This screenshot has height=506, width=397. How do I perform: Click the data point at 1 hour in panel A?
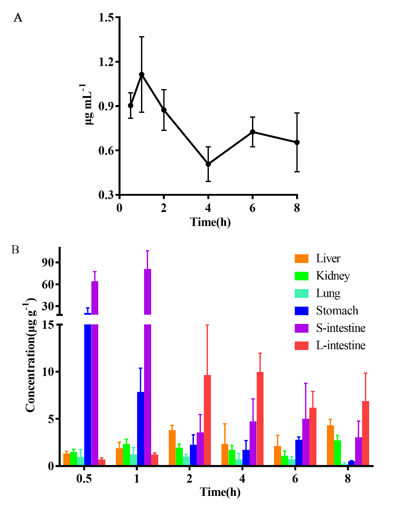142,74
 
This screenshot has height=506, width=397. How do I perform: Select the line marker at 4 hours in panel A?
208,164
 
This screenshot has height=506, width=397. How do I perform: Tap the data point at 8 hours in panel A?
297,142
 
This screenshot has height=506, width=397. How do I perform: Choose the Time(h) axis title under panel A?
210,222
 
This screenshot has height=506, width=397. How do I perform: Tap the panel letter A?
18,18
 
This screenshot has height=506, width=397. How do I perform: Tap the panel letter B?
15,249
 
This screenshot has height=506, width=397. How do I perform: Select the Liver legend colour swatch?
301,258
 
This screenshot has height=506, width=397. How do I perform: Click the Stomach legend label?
337,311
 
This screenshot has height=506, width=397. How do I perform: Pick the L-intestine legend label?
341,346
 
